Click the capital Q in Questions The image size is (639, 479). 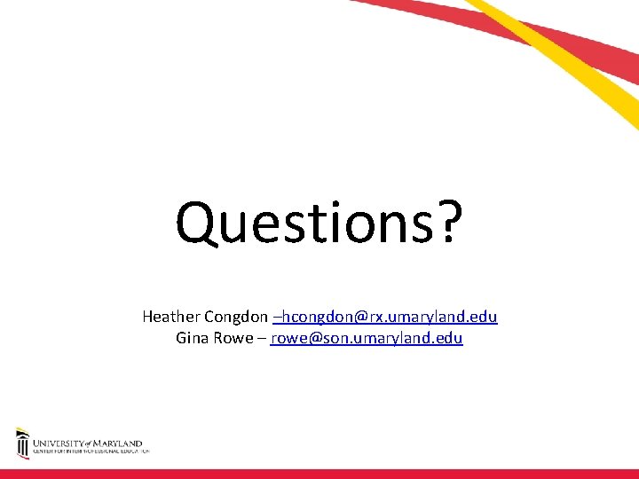coord(196,223)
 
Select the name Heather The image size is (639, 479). coord(171,317)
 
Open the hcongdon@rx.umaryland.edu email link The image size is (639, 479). coord(389,317)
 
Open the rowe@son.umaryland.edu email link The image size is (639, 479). coord(367,338)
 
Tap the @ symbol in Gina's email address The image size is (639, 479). coord(312,338)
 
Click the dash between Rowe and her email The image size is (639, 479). coord(262,338)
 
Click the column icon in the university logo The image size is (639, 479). coord(22,444)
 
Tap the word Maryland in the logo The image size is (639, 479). coord(119,443)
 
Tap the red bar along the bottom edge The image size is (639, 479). coord(319,474)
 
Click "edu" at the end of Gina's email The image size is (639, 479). coord(450,338)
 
